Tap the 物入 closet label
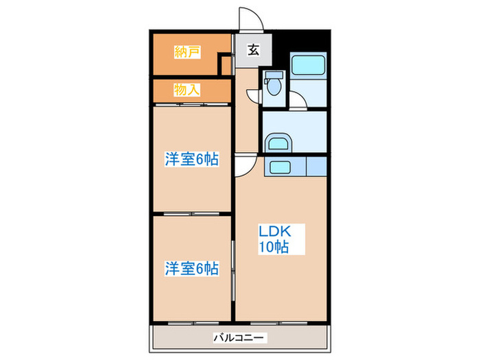(x=187, y=89)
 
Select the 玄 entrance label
(x=253, y=50)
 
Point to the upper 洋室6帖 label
(x=191, y=160)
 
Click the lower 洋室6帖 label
(x=191, y=268)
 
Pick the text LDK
(x=274, y=231)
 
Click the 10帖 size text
(x=273, y=248)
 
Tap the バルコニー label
(x=239, y=337)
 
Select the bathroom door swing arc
(x=298, y=101)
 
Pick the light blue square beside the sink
(x=316, y=167)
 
